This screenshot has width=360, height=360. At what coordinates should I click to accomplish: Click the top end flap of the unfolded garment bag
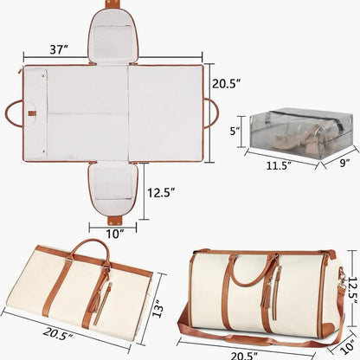click(x=114, y=35)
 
